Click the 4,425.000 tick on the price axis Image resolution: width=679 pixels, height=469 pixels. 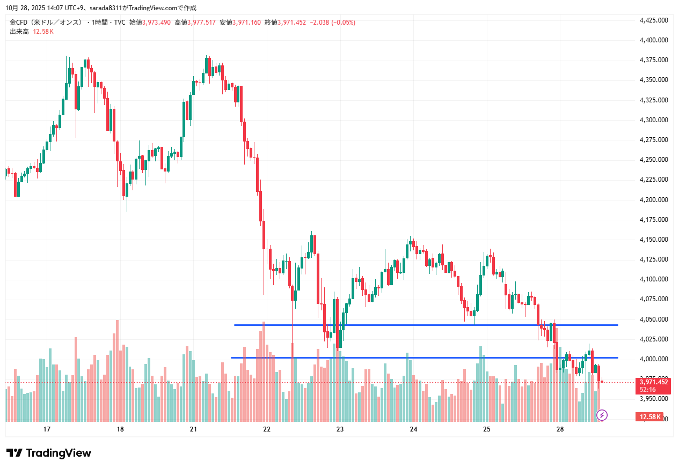pyautogui.click(x=653, y=20)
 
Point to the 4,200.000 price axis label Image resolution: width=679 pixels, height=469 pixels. pyautogui.click(x=653, y=200)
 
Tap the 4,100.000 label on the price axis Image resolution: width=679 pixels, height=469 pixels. pyautogui.click(x=653, y=279)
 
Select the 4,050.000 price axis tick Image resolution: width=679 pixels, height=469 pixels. pyautogui.click(x=653, y=319)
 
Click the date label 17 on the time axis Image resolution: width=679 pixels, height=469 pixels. pyautogui.click(x=47, y=429)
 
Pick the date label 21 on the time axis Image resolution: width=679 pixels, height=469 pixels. pyautogui.click(x=194, y=429)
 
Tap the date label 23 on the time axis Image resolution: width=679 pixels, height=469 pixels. pyautogui.click(x=340, y=429)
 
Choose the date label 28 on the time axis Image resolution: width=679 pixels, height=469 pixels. pyautogui.click(x=560, y=429)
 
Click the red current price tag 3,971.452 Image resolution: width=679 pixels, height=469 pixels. pyautogui.click(x=653, y=382)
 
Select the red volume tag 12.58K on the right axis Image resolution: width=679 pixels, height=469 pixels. pyautogui.click(x=649, y=416)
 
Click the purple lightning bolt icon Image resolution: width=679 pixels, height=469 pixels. pyautogui.click(x=602, y=415)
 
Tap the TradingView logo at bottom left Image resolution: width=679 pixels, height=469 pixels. pyautogui.click(x=49, y=453)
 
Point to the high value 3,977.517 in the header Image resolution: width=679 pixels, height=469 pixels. pyautogui.click(x=201, y=23)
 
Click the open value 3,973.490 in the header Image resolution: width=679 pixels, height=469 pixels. pyautogui.click(x=156, y=23)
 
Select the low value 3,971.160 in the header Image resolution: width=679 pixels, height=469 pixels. pyautogui.click(x=247, y=23)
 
